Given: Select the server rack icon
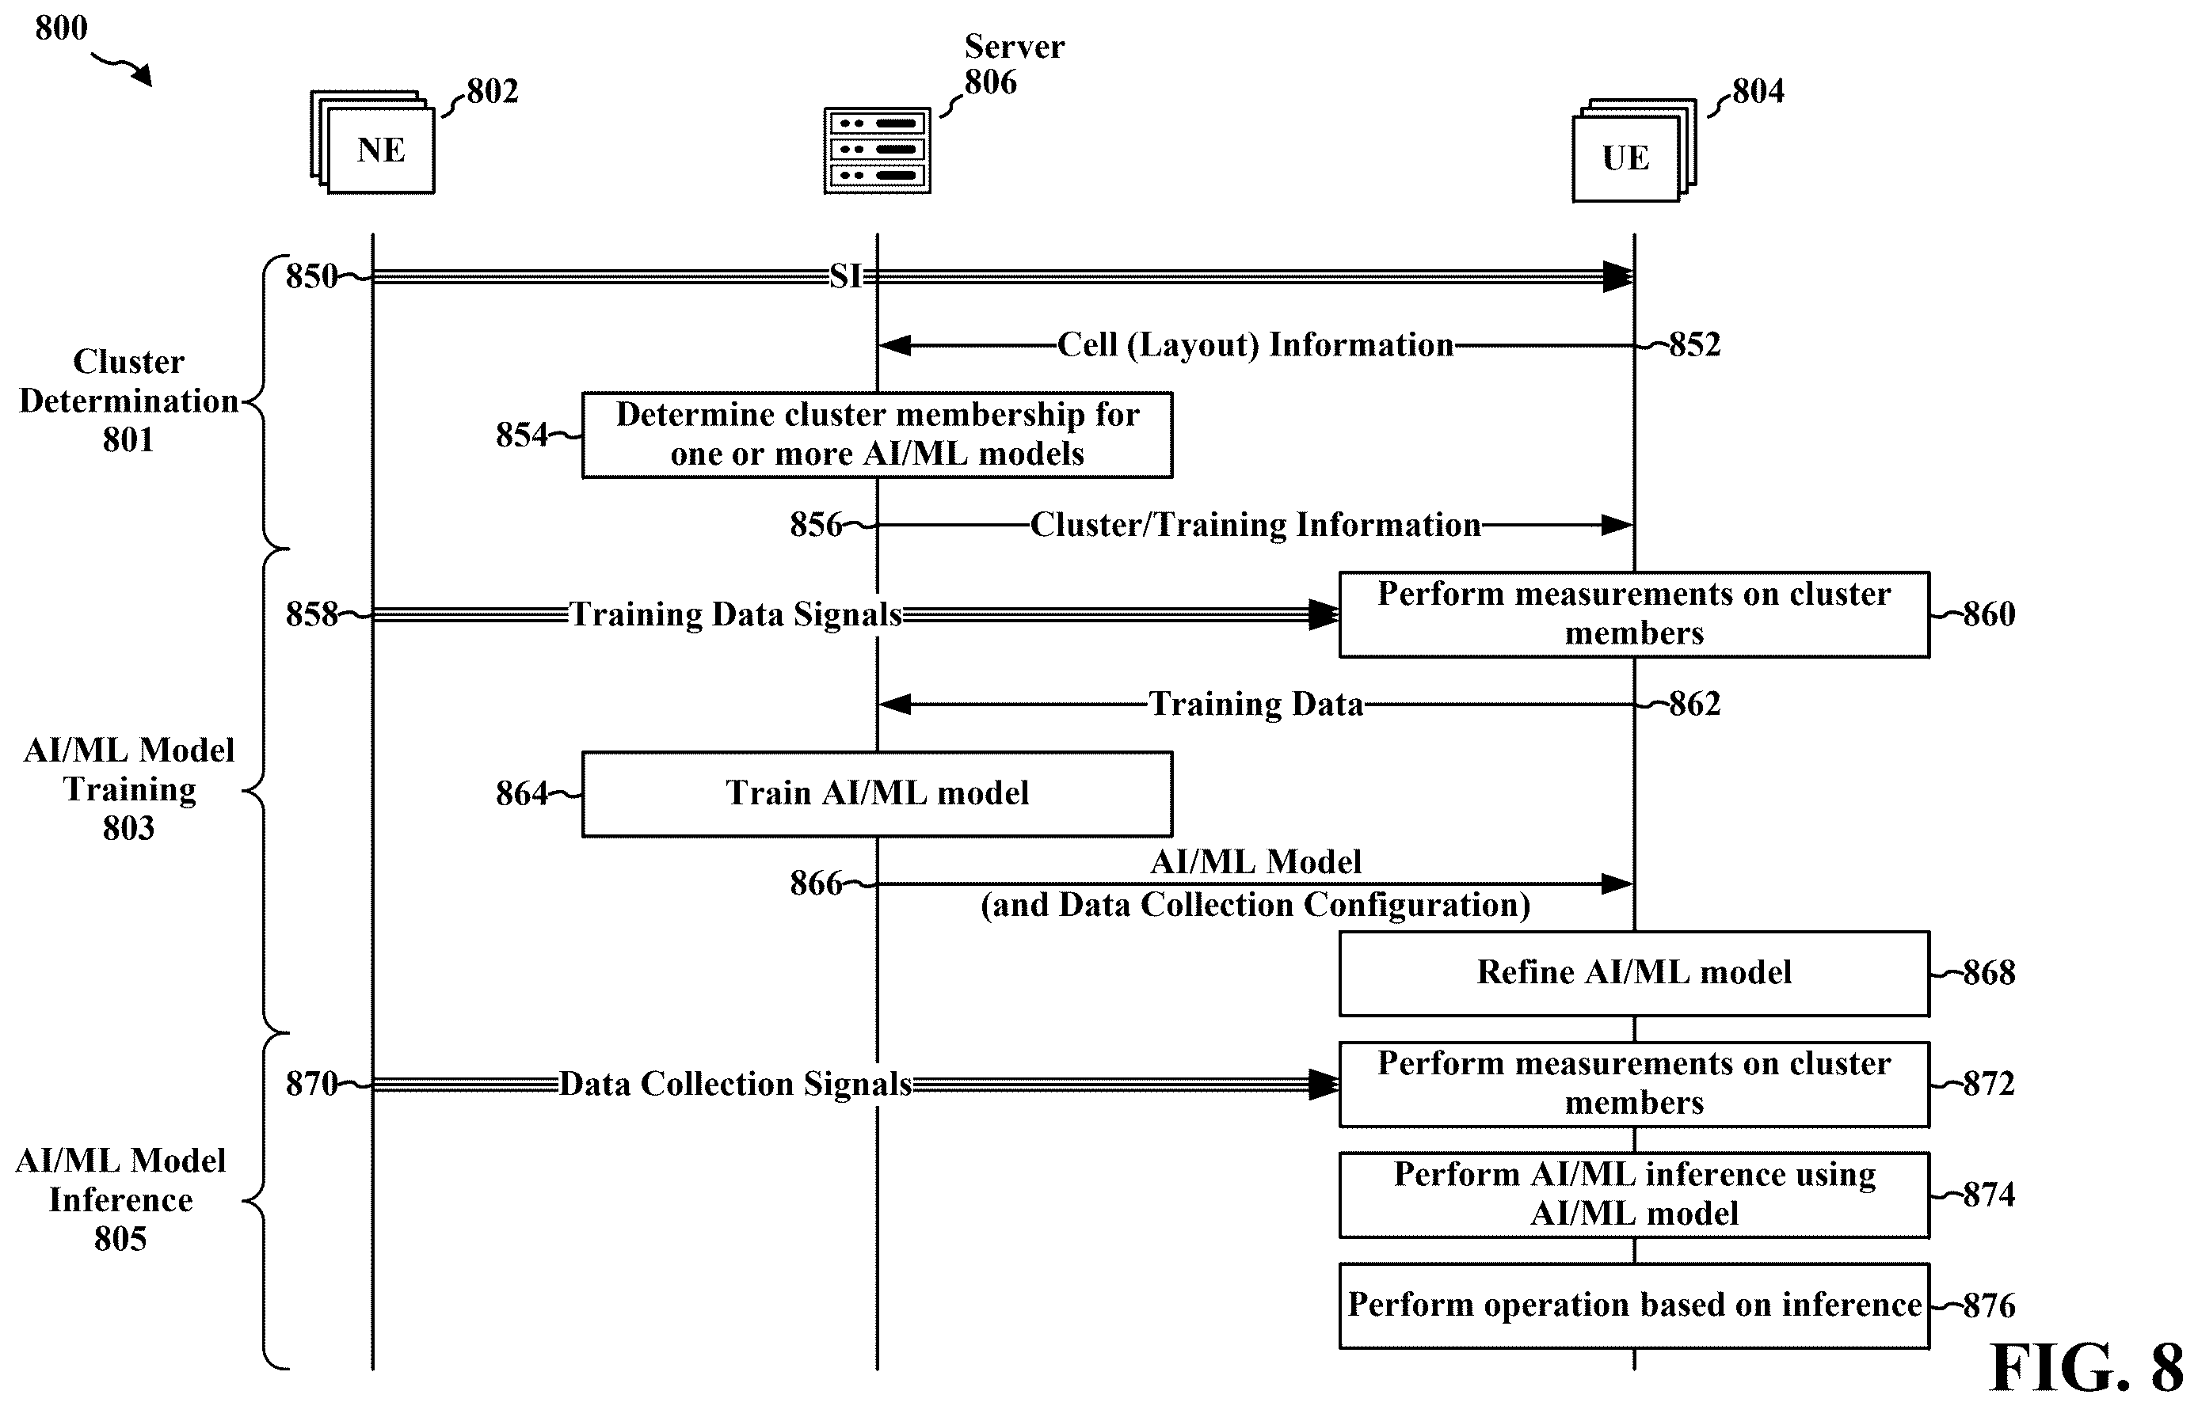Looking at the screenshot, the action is (877, 150).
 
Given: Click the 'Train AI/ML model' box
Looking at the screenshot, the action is (877, 793).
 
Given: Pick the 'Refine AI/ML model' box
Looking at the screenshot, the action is (1634, 973).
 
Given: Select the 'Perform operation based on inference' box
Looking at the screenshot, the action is (1634, 1305).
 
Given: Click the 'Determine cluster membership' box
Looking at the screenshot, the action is (877, 435).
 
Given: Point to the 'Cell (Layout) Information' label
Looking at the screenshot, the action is (1255, 345).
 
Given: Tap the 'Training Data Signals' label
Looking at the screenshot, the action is (736, 614).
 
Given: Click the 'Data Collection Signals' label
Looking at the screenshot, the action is (736, 1084).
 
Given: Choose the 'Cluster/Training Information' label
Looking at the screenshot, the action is (1255, 525).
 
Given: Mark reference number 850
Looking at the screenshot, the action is (311, 275).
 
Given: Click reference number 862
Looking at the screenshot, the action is (1695, 704).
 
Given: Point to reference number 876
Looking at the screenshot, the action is (1989, 1305).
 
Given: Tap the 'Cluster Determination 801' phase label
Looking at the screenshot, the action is (129, 401).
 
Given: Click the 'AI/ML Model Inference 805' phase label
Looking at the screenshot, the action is (120, 1199).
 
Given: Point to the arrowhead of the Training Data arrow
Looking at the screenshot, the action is (894, 704).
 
